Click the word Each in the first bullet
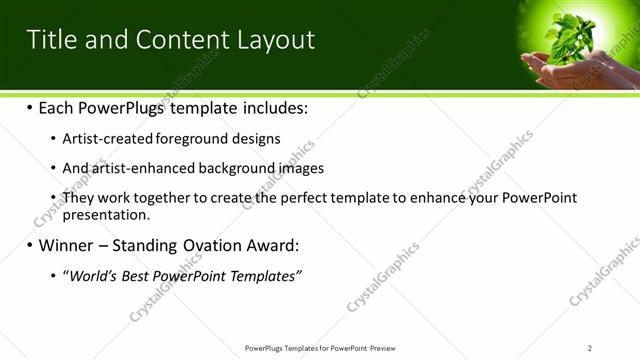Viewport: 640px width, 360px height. (57, 107)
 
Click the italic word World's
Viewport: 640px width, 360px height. (91, 275)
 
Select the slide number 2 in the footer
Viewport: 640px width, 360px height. (590, 348)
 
